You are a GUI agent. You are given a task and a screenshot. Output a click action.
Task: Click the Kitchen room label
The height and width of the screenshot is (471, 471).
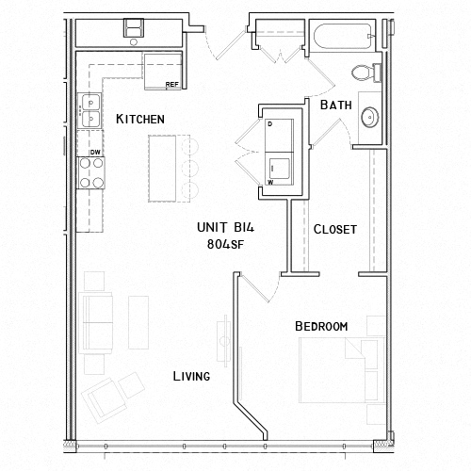[140, 120]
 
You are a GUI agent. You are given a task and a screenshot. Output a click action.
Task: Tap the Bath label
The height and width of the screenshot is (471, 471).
[336, 106]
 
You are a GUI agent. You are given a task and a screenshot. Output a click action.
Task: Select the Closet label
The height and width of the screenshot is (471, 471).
[334, 230]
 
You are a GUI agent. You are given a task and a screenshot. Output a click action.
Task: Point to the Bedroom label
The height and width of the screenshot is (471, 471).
[321, 326]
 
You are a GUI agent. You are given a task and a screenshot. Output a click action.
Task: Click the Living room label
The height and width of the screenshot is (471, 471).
[190, 376]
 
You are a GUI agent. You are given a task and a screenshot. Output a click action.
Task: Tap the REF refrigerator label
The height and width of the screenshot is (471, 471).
[171, 85]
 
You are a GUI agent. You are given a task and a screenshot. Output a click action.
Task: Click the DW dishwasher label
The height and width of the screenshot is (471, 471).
[94, 151]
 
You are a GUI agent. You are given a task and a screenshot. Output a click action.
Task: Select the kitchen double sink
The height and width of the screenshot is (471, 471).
[90, 111]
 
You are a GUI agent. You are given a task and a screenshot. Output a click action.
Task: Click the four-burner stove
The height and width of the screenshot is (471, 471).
[91, 172]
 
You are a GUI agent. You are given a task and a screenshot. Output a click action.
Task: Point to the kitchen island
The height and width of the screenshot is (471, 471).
[165, 167]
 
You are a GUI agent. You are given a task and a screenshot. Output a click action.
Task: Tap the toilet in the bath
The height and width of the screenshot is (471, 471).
[364, 73]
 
